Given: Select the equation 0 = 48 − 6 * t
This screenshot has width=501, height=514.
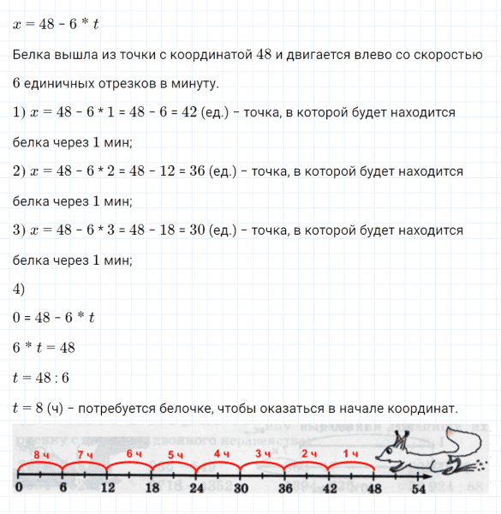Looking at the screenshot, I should click(x=52, y=318).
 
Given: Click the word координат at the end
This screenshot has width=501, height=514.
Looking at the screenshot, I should click(x=421, y=408).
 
